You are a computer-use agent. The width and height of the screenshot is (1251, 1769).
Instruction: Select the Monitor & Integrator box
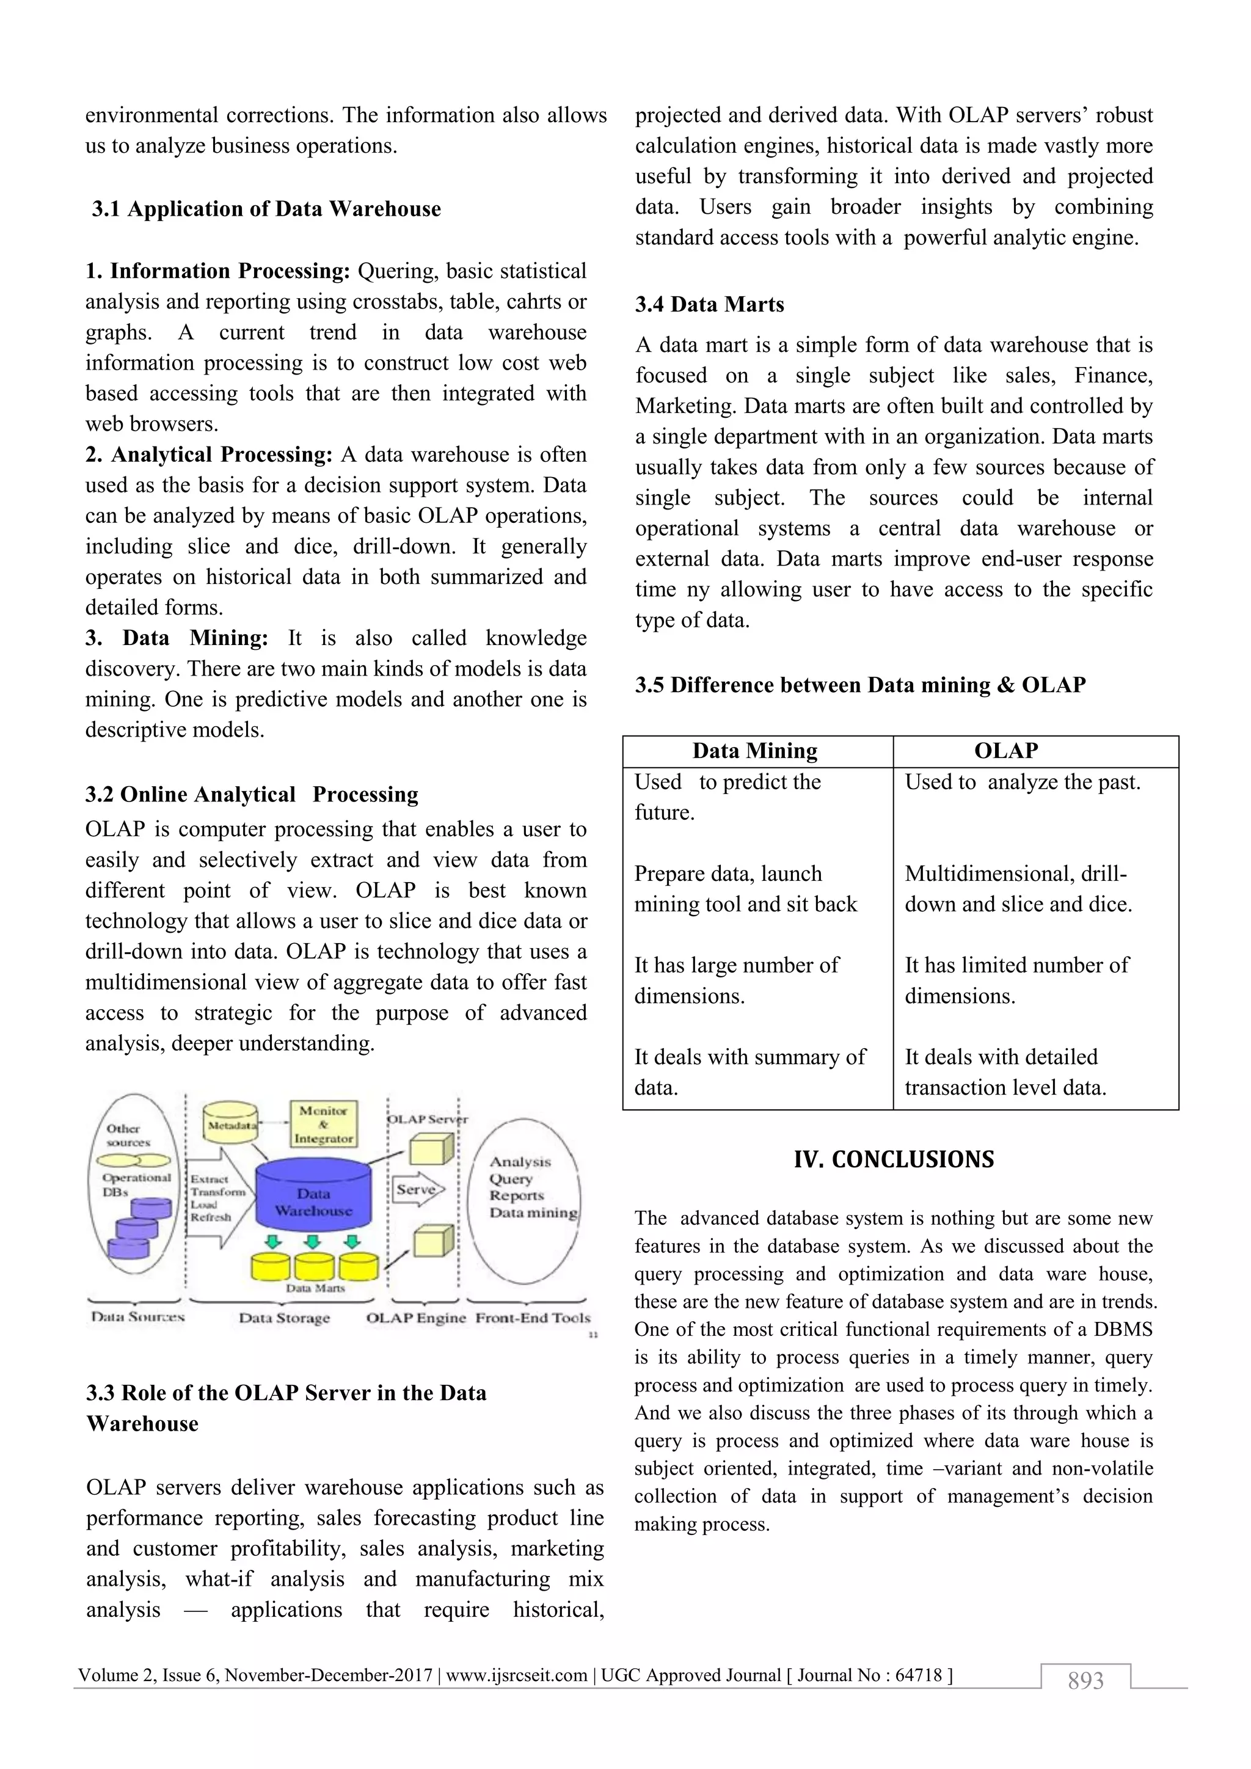click(x=324, y=1124)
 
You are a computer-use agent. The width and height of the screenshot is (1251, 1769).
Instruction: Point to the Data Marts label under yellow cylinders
click(x=315, y=1288)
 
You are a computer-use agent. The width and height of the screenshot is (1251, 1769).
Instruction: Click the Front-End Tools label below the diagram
click(x=532, y=1318)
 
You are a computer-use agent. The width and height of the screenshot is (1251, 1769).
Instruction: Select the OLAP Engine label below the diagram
click(x=416, y=1318)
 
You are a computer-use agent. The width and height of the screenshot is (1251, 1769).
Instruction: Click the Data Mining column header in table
click(x=754, y=751)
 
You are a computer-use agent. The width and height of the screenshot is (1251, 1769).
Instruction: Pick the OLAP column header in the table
click(x=1005, y=751)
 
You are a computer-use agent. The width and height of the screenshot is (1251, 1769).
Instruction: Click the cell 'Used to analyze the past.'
click(x=1021, y=782)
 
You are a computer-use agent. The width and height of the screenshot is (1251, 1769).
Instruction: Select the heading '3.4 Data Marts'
click(x=709, y=304)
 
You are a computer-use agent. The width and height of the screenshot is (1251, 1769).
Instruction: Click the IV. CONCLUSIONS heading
click(x=894, y=1159)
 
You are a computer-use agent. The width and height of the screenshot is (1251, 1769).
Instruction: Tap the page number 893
click(x=1085, y=1680)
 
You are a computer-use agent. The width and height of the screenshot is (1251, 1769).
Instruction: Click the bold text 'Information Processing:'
click(x=229, y=271)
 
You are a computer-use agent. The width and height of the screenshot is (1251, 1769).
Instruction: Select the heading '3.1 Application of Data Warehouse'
click(x=266, y=209)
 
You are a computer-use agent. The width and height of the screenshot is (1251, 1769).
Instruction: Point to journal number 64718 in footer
click(x=918, y=1675)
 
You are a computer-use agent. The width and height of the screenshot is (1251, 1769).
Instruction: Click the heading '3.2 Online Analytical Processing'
click(x=251, y=794)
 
